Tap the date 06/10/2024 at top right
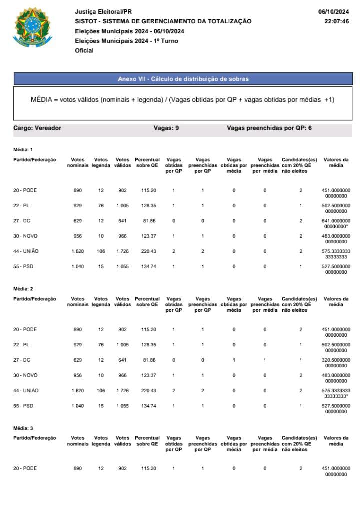tap(333, 11)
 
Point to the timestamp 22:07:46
tap(336, 21)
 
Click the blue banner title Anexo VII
tap(183, 79)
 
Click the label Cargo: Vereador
tap(37, 128)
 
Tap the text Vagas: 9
tap(166, 128)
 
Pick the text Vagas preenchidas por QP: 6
tap(269, 128)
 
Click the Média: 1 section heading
tap(23, 149)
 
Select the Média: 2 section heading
tap(23, 289)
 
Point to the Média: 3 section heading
tap(23, 428)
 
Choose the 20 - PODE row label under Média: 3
tap(25, 468)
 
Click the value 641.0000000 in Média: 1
tap(336, 221)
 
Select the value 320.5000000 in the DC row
tap(336, 360)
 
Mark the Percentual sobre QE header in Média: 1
tap(147, 163)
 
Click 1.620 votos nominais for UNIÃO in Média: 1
tap(77, 251)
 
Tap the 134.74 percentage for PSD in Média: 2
tap(149, 405)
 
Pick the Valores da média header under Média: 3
tap(336, 441)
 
